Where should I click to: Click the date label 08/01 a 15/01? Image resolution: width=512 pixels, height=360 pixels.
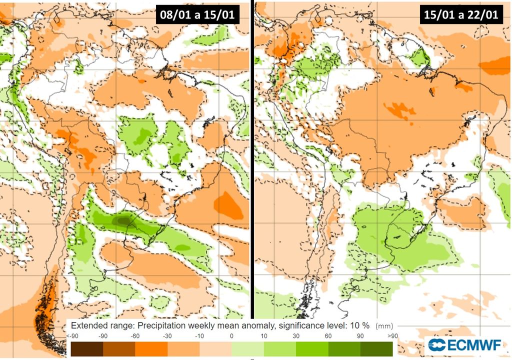tap(196, 15)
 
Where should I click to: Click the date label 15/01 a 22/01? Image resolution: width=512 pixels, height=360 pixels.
tap(460, 15)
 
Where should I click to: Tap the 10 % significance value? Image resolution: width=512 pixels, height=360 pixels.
tap(360, 325)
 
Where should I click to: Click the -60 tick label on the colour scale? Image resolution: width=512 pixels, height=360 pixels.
tap(135, 336)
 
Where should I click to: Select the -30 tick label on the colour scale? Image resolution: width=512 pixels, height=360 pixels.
tap(167, 336)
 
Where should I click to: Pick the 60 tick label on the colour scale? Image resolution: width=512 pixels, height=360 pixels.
tap(328, 336)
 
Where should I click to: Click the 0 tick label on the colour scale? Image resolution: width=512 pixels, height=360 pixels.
tap(231, 336)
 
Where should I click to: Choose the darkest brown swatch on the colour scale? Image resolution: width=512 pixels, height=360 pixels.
tap(86, 348)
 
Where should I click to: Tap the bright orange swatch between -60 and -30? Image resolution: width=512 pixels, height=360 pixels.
tap(151, 348)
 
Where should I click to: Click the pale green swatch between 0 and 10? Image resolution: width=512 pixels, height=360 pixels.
tap(247, 348)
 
